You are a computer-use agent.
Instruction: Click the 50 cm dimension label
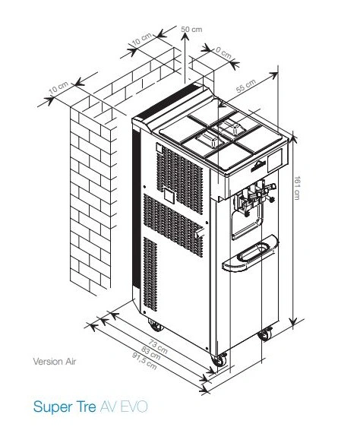191,29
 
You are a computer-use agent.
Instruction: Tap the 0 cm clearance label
224,53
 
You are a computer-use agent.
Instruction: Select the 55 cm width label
245,86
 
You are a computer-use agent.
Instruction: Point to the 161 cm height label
297,188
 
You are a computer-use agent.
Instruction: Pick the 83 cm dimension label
150,353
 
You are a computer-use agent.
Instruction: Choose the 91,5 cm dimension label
144,361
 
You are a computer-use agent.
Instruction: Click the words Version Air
55,362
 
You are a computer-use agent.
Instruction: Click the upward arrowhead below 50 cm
185,37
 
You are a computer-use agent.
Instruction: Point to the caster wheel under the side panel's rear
155,325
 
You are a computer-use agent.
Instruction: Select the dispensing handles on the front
254,197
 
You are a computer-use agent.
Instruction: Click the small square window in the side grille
169,195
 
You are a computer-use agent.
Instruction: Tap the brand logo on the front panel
258,166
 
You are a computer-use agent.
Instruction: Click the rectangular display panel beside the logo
275,160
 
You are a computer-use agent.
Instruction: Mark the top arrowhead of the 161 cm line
292,138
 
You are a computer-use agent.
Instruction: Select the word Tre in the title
86,406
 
